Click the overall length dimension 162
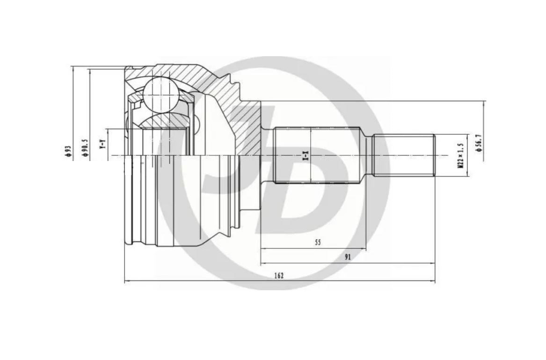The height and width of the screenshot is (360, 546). pos(279,276)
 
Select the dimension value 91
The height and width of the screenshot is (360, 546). pos(348,257)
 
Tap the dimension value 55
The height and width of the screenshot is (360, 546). pos(318,242)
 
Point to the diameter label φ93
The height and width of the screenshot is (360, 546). pos(68,152)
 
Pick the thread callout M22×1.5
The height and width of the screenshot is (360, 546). pos(461,156)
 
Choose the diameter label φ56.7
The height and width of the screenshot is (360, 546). pos(479,143)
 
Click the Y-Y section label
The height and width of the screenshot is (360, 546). pos(102,144)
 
